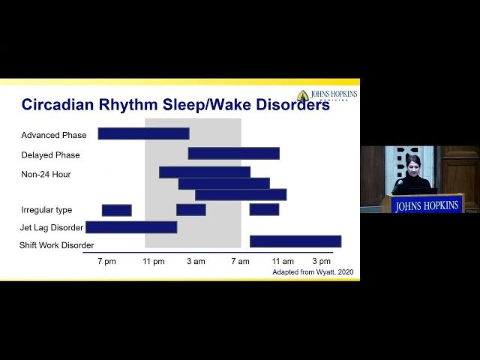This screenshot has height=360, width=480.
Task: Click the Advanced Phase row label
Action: pos(54,136)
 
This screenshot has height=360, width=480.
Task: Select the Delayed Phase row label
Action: pos(50,155)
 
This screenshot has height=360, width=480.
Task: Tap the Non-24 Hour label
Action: pos(47,175)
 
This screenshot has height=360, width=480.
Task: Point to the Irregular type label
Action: pos(46,210)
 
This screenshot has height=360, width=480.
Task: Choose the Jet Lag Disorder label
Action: pos(51,227)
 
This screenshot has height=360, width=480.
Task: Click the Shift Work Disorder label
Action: pos(56,245)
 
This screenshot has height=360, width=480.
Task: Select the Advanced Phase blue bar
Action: pos(143,133)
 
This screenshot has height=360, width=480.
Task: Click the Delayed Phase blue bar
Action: pos(233,153)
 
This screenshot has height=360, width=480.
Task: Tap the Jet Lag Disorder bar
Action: pos(131,226)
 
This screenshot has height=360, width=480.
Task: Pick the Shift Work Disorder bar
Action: pos(295,241)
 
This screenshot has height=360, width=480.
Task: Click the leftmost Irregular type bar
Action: pos(116,210)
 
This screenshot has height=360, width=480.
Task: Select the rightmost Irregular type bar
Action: pos(264,209)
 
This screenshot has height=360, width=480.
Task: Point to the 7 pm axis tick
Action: pos(106,261)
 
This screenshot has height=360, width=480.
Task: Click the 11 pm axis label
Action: pos(154,261)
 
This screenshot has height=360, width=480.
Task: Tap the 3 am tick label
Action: pos(196,261)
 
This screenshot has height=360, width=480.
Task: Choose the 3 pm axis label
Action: pos(322,261)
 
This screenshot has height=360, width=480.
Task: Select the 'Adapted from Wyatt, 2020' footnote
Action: pos(312,272)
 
